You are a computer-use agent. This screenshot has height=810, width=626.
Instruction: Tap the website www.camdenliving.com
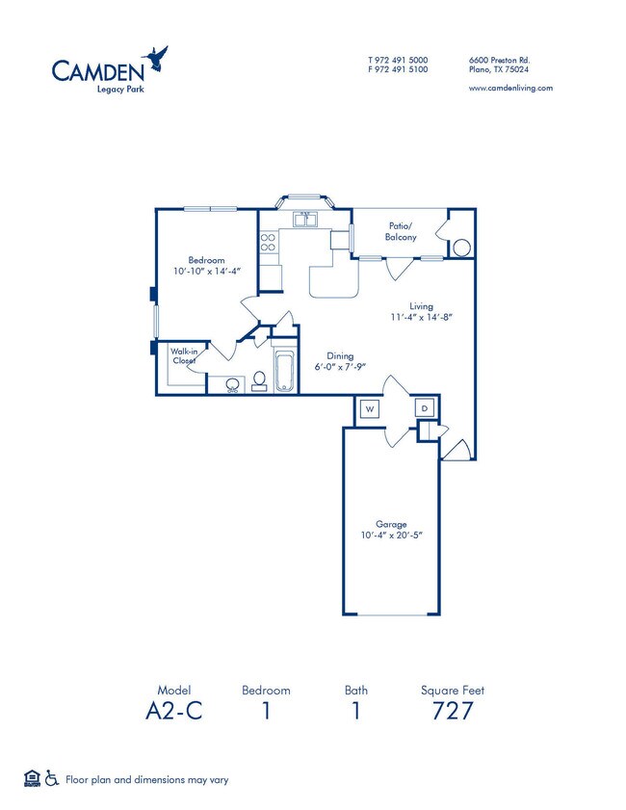[509, 88]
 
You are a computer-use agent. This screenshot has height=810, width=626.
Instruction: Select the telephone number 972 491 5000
[398, 60]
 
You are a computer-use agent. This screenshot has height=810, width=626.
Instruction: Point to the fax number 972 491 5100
[398, 69]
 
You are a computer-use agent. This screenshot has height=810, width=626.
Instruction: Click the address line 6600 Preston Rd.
[499, 60]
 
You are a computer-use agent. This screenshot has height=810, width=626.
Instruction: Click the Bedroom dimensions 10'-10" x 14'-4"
[206, 272]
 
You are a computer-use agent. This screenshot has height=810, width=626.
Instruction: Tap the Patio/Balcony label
[401, 230]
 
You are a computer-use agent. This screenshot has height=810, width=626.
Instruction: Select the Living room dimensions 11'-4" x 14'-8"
[421, 317]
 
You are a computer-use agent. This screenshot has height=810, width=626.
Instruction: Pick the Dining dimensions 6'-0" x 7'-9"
[341, 367]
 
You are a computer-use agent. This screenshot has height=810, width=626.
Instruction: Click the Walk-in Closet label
[184, 356]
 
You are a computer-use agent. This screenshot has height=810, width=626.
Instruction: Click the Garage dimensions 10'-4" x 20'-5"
[392, 536]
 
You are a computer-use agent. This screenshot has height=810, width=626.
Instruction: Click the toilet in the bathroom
[258, 383]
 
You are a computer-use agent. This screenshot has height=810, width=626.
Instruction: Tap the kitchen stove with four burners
[268, 243]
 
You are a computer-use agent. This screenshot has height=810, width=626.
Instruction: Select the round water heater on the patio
[461, 248]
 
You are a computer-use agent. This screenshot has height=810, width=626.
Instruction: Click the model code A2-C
[173, 713]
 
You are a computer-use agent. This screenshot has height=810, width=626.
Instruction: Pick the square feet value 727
[452, 713]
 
